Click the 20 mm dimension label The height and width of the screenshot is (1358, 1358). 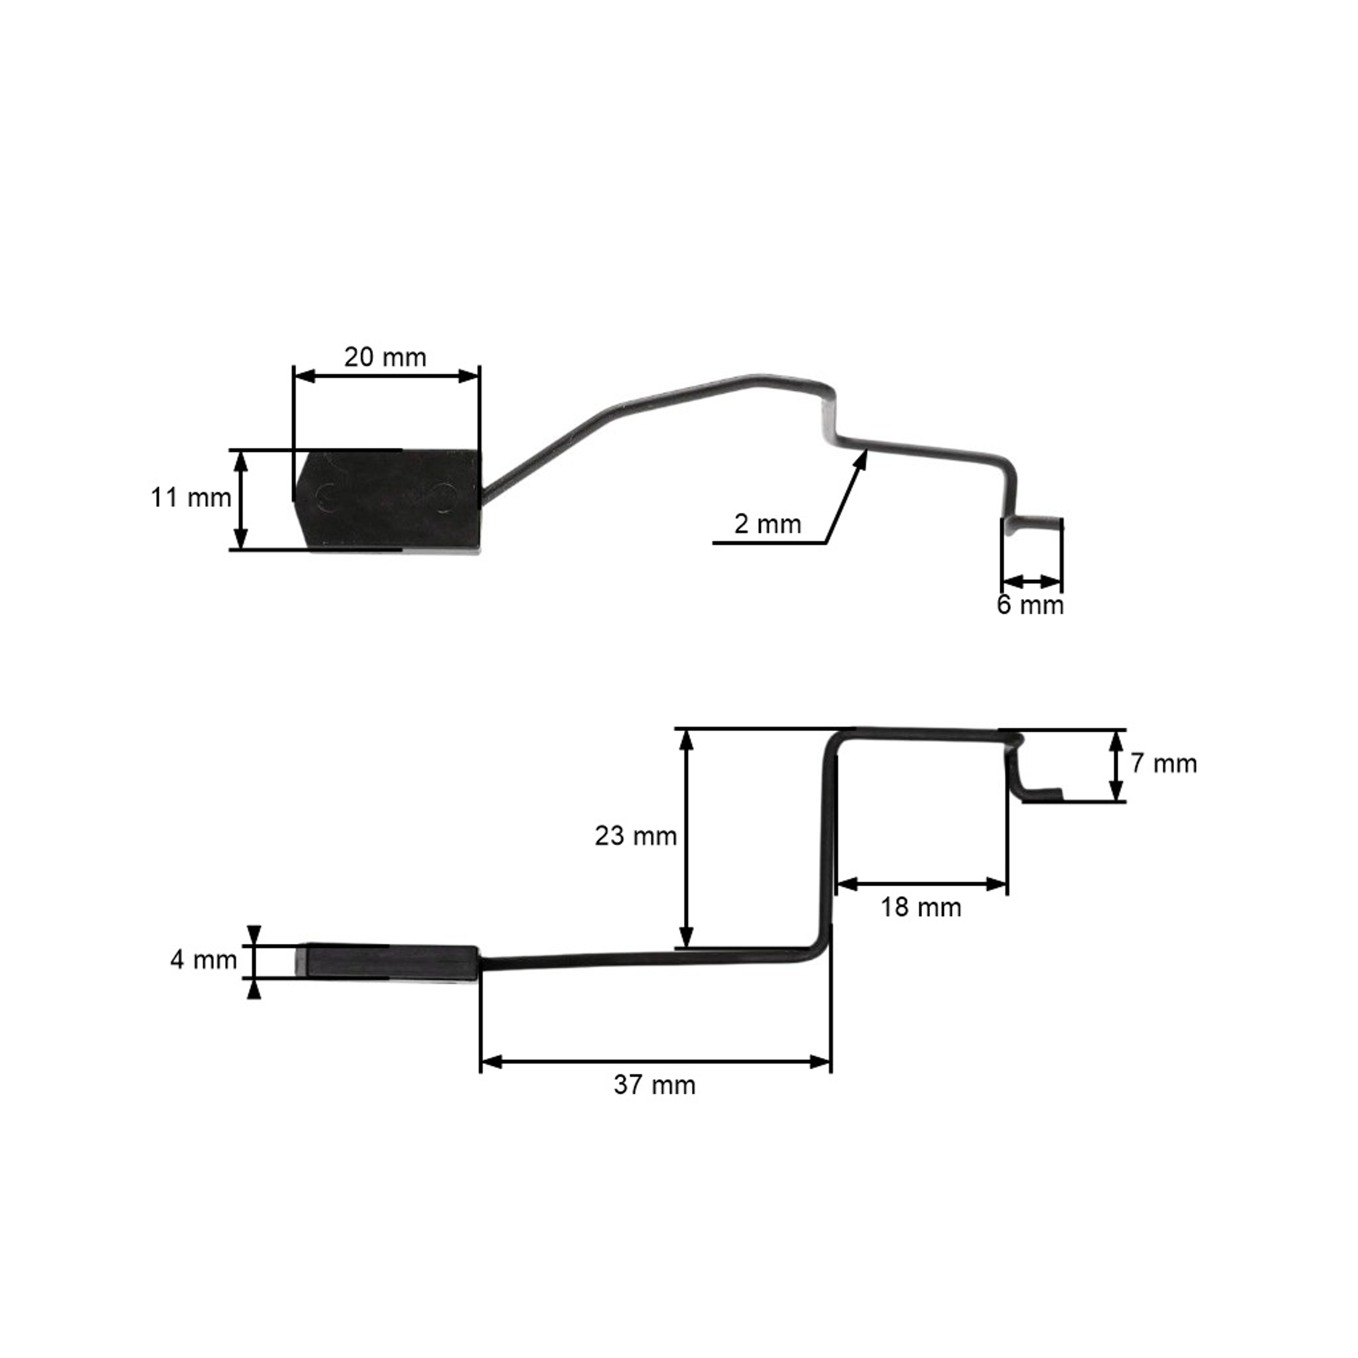pyautogui.click(x=385, y=358)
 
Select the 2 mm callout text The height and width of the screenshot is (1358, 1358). pyautogui.click(x=768, y=524)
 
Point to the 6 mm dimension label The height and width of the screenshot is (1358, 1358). pyautogui.click(x=1030, y=605)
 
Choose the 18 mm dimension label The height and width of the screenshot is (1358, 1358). pyautogui.click(x=921, y=908)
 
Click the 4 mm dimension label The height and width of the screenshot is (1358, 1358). pyautogui.click(x=204, y=960)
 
